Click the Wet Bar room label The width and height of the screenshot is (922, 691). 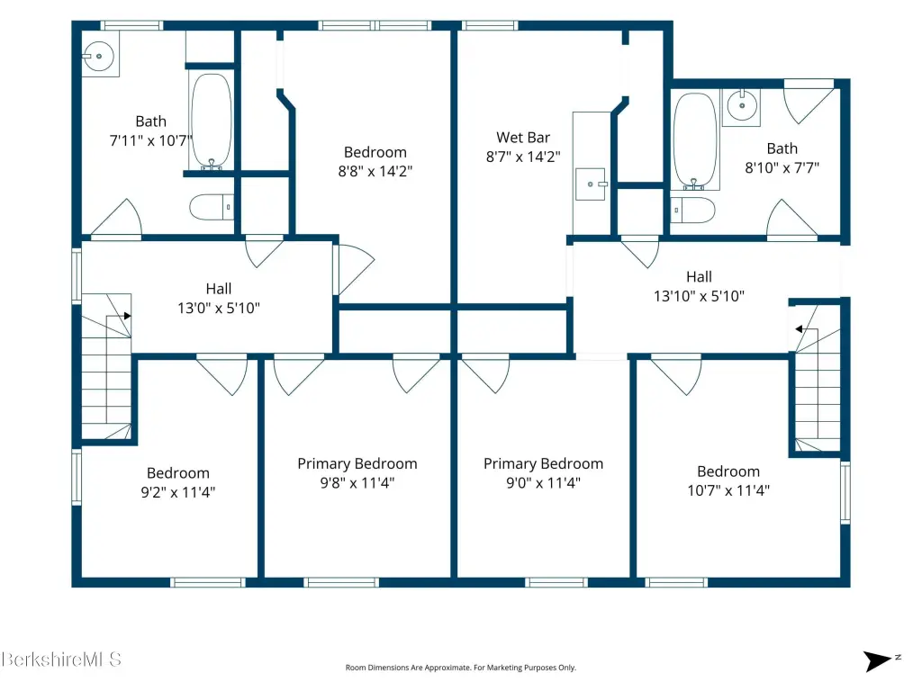[x=523, y=138]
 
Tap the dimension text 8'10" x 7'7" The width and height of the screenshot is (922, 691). [x=782, y=168]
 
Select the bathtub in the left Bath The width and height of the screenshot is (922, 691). [x=212, y=121]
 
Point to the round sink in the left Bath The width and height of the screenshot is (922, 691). [x=99, y=56]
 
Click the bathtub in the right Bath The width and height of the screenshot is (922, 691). [x=694, y=141]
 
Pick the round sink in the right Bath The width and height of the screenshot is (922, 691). [x=742, y=106]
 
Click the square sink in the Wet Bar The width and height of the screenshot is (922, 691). [x=591, y=184]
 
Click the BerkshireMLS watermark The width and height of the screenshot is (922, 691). [x=61, y=660]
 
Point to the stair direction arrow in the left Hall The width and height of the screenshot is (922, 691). [x=128, y=316]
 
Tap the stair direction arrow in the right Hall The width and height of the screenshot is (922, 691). [x=799, y=329]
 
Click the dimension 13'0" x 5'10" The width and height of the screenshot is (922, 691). [x=219, y=308]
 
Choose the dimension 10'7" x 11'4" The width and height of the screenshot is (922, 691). [x=728, y=490]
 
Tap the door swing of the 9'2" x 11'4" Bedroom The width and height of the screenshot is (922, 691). [x=222, y=373]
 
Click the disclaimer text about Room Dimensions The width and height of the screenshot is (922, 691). [x=460, y=668]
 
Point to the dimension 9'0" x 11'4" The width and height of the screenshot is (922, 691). [x=543, y=483]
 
